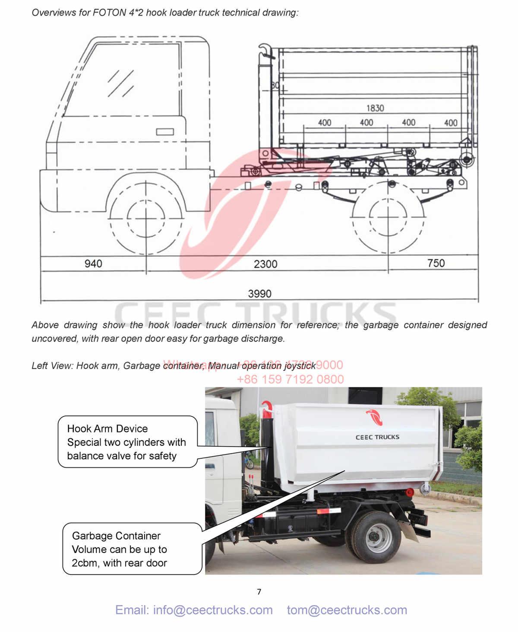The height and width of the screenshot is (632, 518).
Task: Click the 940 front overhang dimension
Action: tap(93, 264)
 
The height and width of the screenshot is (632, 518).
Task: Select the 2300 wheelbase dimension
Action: tap(265, 264)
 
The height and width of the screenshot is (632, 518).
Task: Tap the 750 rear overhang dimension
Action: tap(436, 263)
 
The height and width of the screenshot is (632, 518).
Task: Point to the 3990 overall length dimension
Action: tap(259, 294)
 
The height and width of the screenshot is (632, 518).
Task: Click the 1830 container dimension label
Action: tap(375, 108)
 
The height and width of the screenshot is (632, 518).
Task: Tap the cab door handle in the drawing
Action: tap(165, 132)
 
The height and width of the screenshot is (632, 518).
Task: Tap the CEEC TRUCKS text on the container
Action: tap(377, 437)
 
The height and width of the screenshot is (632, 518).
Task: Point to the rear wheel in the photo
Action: tap(372, 537)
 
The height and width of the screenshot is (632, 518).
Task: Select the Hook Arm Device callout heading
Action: tap(107, 429)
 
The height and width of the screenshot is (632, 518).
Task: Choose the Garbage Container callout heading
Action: tap(116, 536)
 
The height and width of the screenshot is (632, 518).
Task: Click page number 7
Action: tap(259, 591)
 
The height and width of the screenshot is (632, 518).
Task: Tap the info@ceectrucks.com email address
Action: tap(194, 610)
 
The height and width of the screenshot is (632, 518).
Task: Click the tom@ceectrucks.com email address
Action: tap(347, 610)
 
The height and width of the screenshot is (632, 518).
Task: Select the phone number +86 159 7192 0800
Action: tap(290, 379)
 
